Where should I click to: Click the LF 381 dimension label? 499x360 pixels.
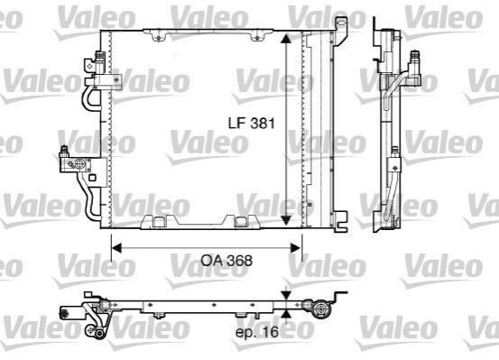click(252, 123)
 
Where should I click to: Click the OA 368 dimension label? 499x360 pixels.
click(226, 261)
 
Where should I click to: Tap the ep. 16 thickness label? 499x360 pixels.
click(257, 332)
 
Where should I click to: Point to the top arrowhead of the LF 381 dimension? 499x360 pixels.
click(286, 39)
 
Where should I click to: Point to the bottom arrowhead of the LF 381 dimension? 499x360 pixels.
click(286, 219)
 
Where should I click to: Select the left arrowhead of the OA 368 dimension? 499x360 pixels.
click(116, 248)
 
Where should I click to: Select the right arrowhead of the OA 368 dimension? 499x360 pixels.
click(296, 248)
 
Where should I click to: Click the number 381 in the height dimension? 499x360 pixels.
click(263, 123)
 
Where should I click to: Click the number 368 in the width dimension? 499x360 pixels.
click(240, 261)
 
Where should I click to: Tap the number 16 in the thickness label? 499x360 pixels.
click(271, 332)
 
